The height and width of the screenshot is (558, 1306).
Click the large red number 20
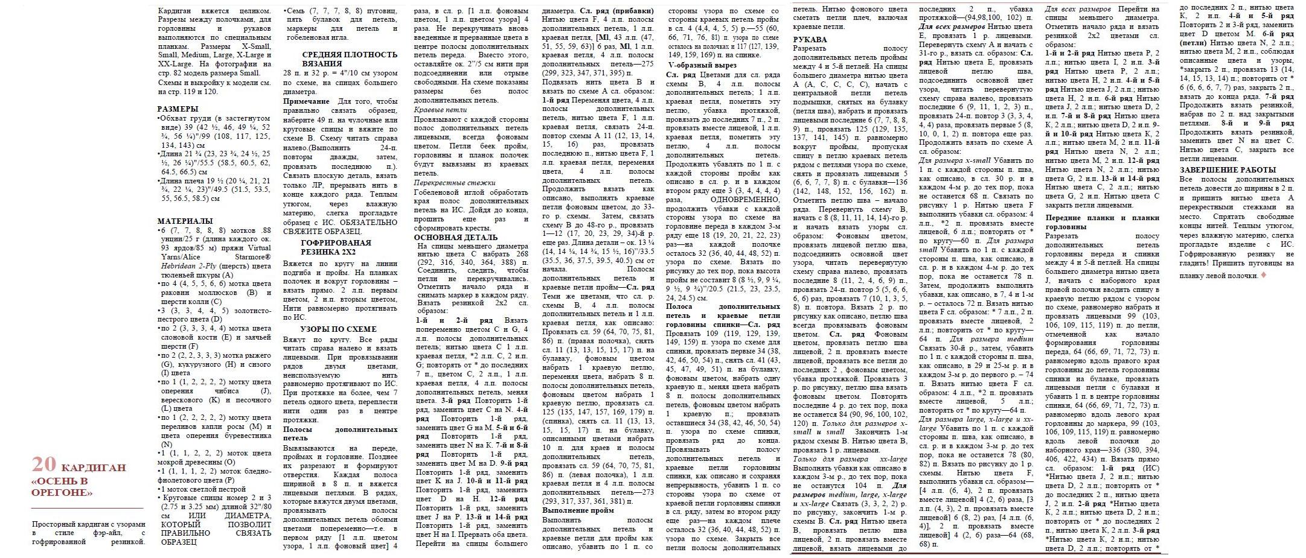pyautogui.click(x=44, y=464)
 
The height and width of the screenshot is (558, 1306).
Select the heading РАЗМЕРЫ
pyautogui.click(x=178, y=109)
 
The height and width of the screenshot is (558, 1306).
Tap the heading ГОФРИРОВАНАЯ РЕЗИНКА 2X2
pyautogui.click(x=336, y=247)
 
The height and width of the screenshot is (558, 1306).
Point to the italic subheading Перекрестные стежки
pyautogui.click(x=455, y=182)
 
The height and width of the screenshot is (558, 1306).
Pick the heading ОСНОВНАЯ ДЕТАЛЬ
pyautogui.click(x=456, y=237)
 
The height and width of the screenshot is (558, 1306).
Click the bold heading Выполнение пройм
pyautogui.click(x=578, y=510)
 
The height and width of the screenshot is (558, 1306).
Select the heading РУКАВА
pyautogui.click(x=810, y=40)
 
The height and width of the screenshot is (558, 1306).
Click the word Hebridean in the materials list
pyautogui.click(x=177, y=265)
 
